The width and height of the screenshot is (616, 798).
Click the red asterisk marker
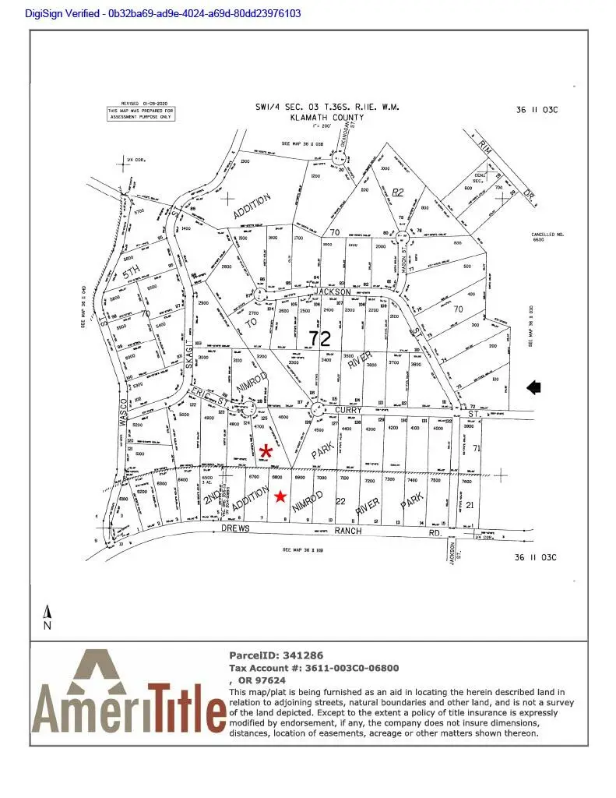tap(267, 451)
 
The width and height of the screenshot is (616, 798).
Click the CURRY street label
tap(349, 409)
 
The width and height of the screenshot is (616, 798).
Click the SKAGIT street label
tap(188, 344)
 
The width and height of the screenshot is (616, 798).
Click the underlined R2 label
tap(399, 192)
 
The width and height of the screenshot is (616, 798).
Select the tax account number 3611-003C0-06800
tap(348, 668)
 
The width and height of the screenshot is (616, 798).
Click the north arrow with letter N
tap(48, 617)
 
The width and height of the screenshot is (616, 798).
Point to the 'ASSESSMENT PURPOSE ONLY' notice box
tap(141, 113)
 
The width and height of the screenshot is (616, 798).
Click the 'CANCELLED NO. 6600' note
tap(547, 237)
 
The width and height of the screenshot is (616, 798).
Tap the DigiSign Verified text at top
tap(152, 13)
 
